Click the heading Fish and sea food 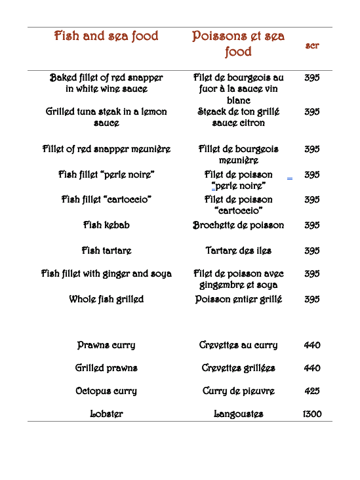click(x=106, y=36)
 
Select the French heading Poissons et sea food click(x=238, y=44)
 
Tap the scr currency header click(x=312, y=45)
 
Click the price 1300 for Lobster click(x=312, y=414)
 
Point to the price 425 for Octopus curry click(x=312, y=391)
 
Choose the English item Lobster click(x=106, y=414)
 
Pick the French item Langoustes click(x=238, y=414)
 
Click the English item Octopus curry click(x=106, y=391)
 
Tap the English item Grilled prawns click(x=106, y=368)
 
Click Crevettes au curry click(x=238, y=345)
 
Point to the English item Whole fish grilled click(x=106, y=299)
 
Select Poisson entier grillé click(x=238, y=299)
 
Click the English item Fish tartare click(x=106, y=250)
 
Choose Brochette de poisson click(x=238, y=225)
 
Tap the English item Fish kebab click(x=106, y=225)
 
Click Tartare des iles click(x=238, y=250)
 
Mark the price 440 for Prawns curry click(x=312, y=345)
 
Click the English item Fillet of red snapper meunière click(x=106, y=149)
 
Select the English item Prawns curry click(x=106, y=345)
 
